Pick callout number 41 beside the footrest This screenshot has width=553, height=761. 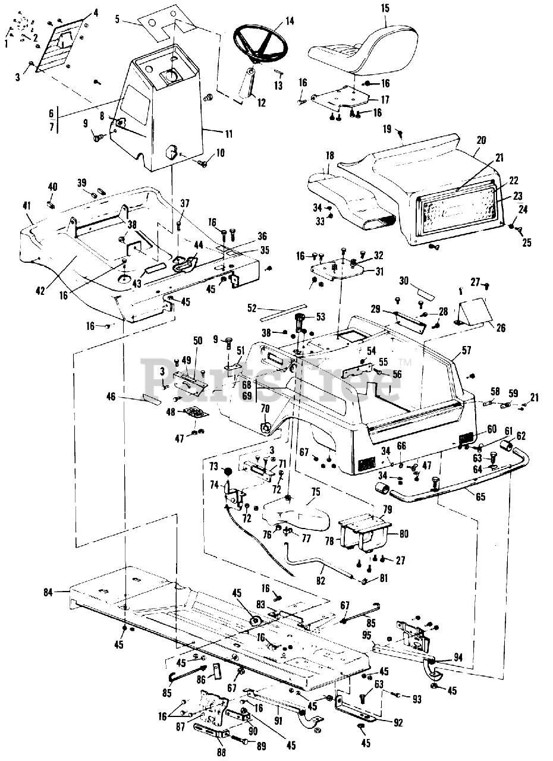[x=27, y=206]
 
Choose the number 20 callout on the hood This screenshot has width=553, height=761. [x=481, y=140]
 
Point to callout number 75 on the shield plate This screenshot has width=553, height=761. [x=315, y=492]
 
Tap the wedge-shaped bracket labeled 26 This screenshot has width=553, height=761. [x=475, y=316]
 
